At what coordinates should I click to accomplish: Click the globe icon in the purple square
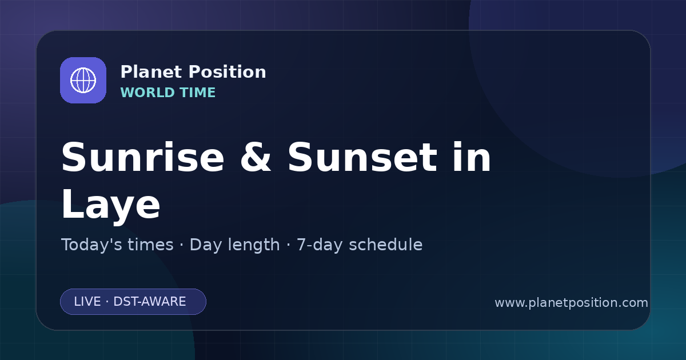(x=83, y=80)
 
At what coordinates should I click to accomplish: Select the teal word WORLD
(x=147, y=93)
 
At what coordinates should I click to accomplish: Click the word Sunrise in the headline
(x=143, y=157)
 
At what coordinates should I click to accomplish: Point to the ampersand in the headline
(x=256, y=157)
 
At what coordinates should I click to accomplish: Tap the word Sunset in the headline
(x=362, y=157)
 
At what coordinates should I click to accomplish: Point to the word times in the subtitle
(x=150, y=245)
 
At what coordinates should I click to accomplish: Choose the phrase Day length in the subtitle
(x=234, y=245)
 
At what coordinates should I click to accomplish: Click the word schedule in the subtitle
(x=385, y=245)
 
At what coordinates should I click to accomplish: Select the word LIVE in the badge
(x=87, y=302)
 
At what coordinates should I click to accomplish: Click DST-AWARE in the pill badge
(x=149, y=302)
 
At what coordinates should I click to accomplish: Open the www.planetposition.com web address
(x=571, y=303)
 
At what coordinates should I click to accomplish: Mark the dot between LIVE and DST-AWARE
(x=107, y=302)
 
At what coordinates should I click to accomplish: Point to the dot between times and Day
(x=182, y=245)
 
